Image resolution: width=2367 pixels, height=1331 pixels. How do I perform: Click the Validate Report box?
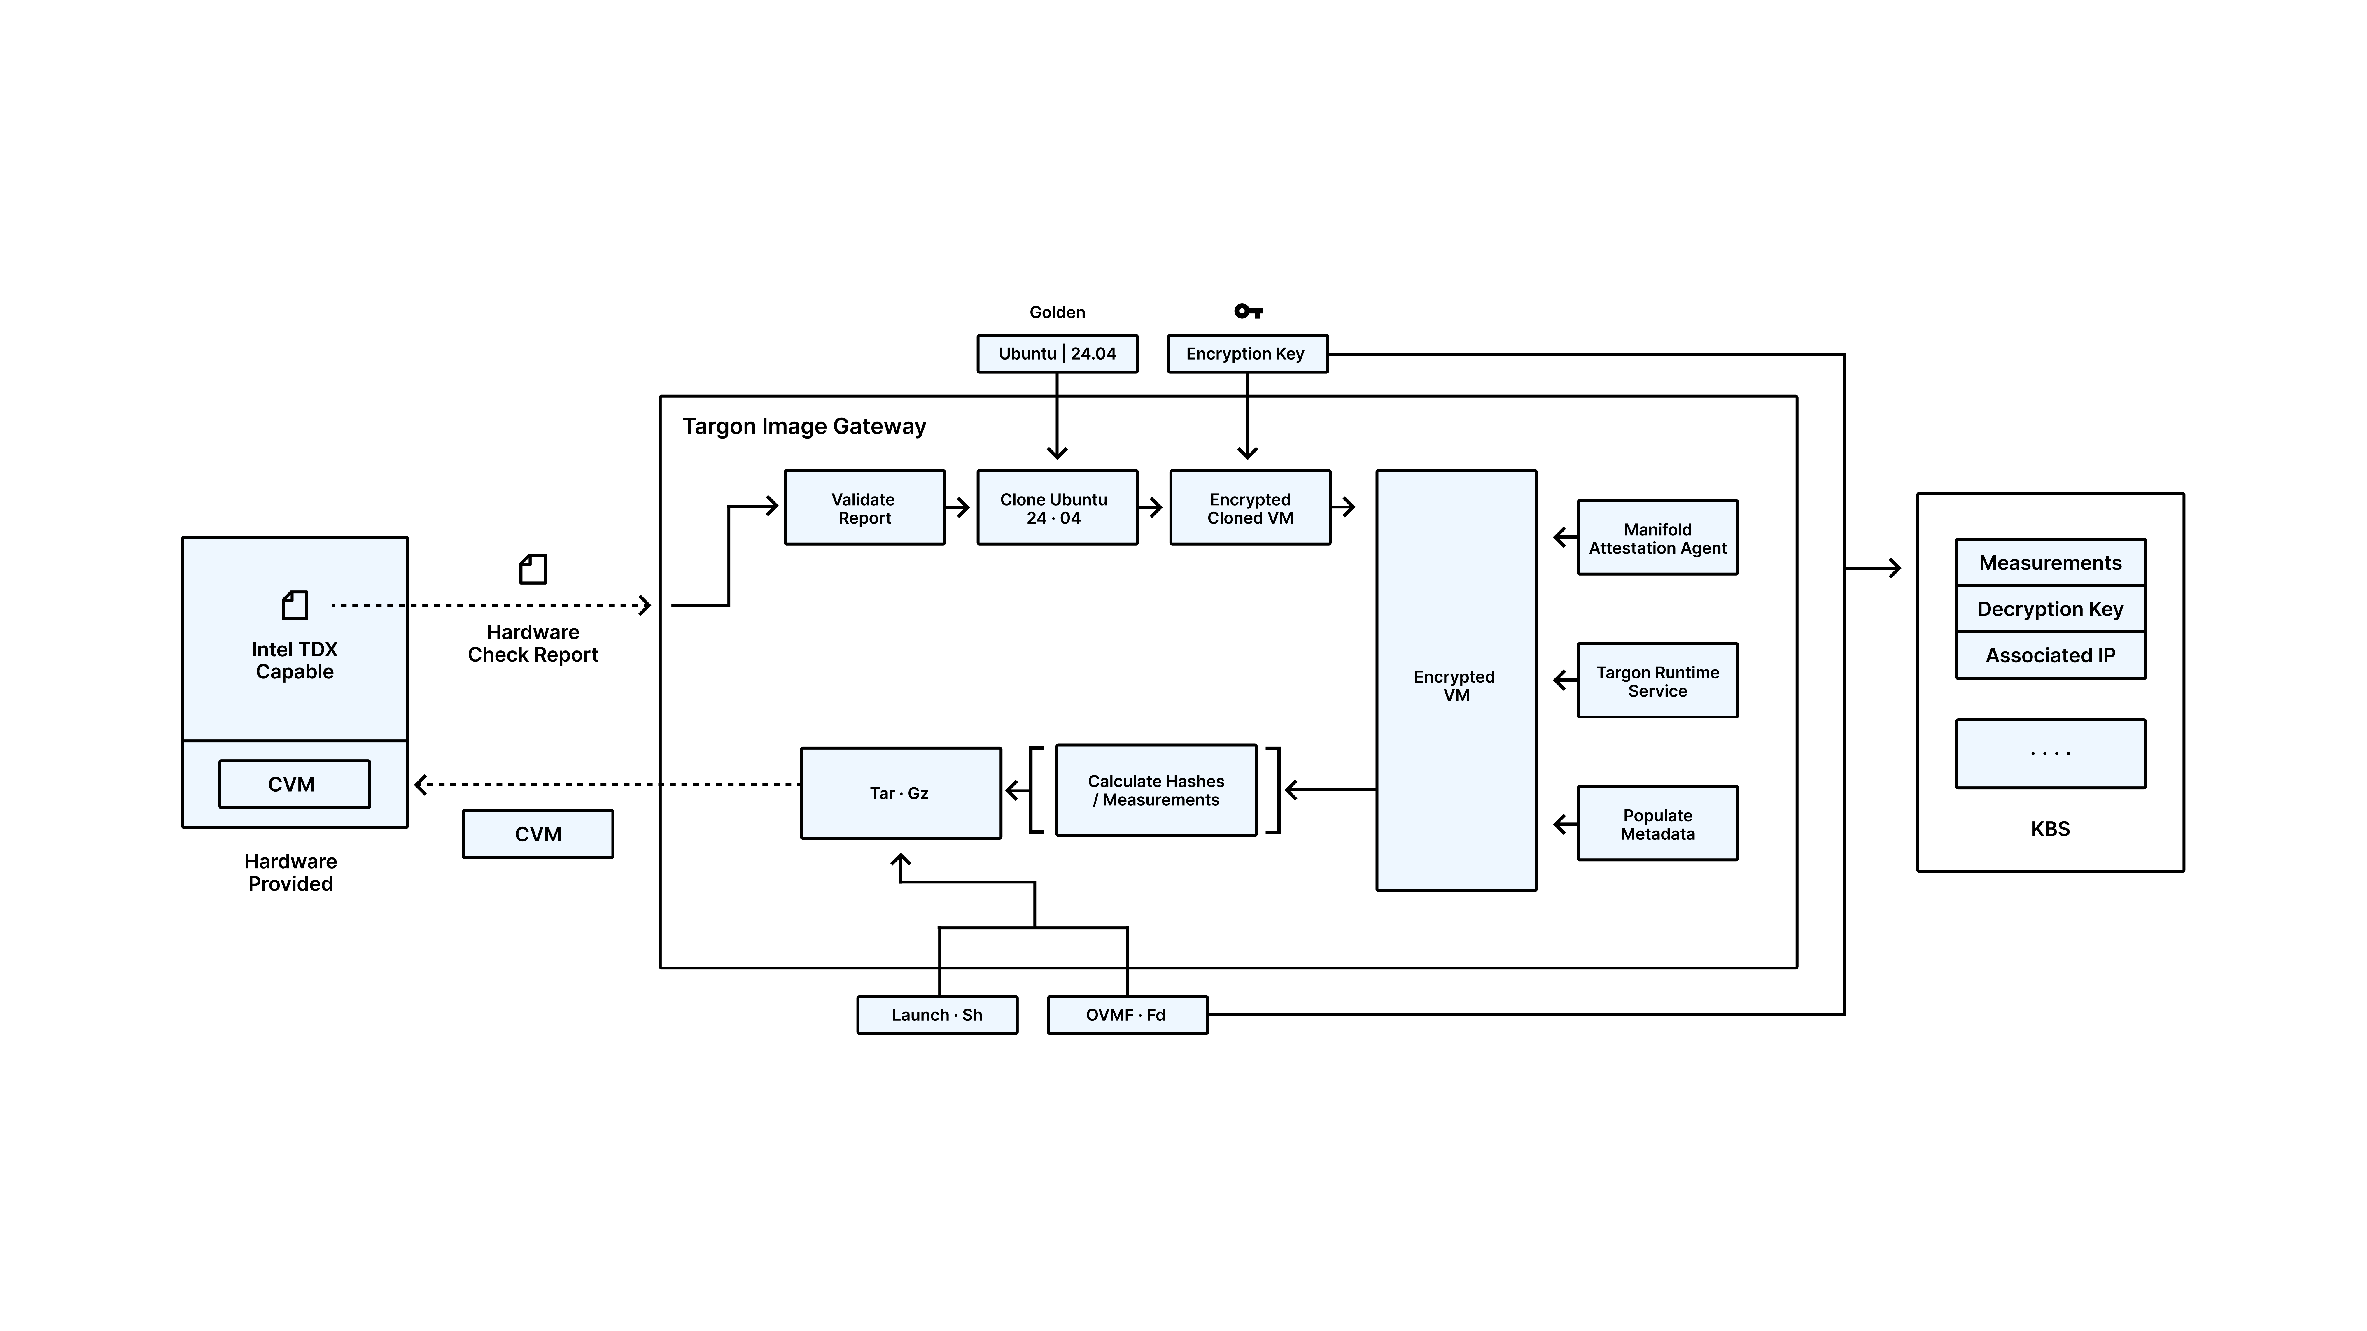click(864, 508)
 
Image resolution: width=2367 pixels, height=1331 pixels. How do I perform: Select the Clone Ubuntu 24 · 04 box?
click(1057, 508)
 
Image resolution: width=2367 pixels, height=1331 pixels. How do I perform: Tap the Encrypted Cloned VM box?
click(1250, 508)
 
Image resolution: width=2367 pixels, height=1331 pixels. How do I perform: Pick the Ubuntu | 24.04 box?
click(1057, 354)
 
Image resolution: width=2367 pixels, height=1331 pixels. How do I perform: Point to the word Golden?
click(1057, 312)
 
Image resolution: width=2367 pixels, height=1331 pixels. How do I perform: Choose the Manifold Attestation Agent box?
click(1657, 538)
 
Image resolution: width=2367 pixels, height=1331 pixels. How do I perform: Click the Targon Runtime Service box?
click(1657, 681)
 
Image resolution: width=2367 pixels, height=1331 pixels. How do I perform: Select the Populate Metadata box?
click(1657, 824)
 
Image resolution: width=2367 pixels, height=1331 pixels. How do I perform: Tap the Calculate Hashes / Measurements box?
click(1156, 790)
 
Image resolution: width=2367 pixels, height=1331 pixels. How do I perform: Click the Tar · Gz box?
click(901, 793)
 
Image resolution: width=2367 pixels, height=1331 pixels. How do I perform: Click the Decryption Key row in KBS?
click(2050, 609)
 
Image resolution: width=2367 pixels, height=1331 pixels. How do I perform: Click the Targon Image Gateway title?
click(804, 426)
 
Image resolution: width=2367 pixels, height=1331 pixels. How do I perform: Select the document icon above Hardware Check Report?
click(533, 569)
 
